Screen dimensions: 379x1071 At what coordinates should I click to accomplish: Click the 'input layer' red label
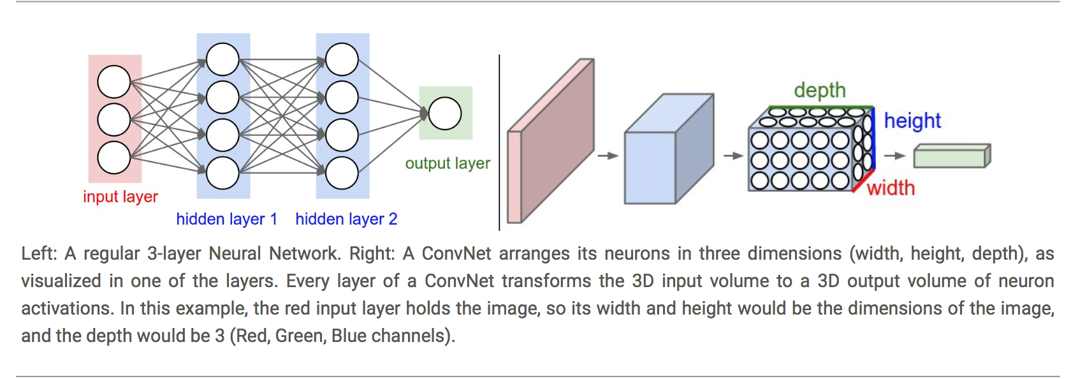click(x=120, y=197)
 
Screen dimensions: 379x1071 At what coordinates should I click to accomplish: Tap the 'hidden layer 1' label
click(x=226, y=219)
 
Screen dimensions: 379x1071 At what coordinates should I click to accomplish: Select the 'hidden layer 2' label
click(x=346, y=219)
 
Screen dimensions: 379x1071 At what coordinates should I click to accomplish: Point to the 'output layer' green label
click(x=448, y=163)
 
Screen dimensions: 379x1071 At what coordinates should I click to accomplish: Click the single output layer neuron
click(x=445, y=114)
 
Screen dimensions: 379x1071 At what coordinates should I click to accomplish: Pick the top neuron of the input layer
click(x=114, y=82)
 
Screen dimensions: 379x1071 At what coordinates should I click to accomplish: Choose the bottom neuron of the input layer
click(x=114, y=158)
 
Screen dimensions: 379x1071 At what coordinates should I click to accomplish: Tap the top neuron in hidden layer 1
click(x=222, y=59)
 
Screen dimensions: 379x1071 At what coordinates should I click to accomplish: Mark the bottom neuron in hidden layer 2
click(x=342, y=173)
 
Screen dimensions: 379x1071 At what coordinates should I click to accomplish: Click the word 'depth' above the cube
click(x=820, y=90)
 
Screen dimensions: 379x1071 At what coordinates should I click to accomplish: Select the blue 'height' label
click(x=912, y=121)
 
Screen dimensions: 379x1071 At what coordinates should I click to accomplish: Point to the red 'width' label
click(x=891, y=188)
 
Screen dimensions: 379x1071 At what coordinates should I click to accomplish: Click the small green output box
click(x=951, y=156)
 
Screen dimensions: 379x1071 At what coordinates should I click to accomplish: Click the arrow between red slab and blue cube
click(x=608, y=156)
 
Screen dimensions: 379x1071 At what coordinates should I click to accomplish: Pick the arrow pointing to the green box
click(x=895, y=156)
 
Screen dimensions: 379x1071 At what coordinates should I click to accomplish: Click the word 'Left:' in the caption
click(x=39, y=253)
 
